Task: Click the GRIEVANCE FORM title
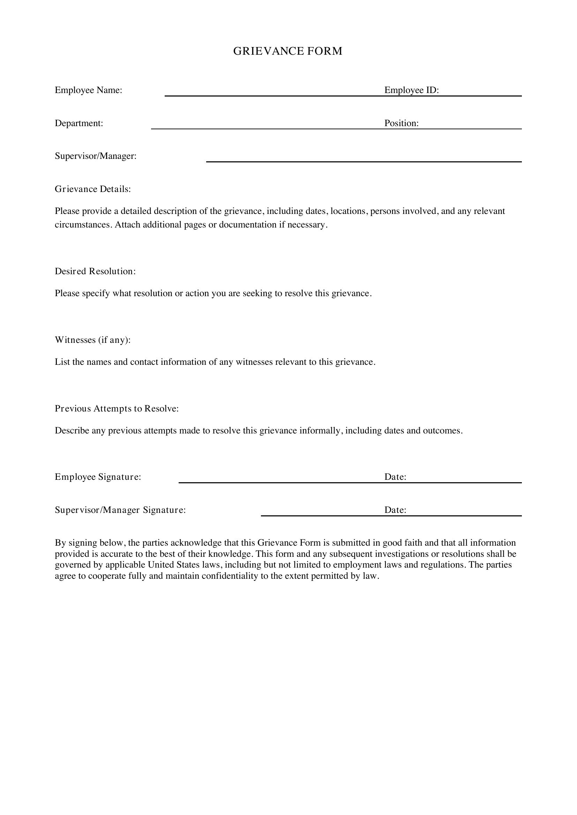(288, 51)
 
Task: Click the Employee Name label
(89, 90)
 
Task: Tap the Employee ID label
(411, 90)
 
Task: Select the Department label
(79, 123)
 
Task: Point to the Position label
(402, 123)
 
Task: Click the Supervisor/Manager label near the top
(96, 156)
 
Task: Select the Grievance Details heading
(93, 189)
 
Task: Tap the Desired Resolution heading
(95, 271)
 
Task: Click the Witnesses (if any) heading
(93, 340)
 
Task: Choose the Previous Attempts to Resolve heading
(117, 409)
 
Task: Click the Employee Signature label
(98, 477)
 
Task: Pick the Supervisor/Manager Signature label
(120, 510)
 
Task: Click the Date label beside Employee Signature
(395, 477)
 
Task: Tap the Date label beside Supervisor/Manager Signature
(395, 510)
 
